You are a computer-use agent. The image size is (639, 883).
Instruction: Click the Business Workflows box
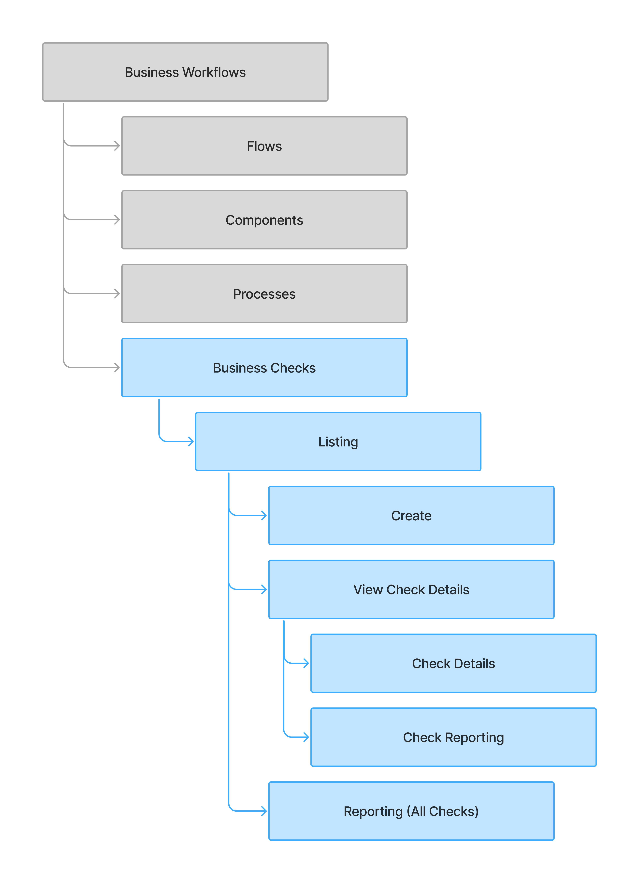pos(185,72)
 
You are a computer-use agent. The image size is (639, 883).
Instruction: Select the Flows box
pos(264,146)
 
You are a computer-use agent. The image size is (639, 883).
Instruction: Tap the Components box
pos(264,220)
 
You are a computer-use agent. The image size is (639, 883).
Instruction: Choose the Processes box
pos(264,294)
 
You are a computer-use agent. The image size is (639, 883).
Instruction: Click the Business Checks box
pos(264,368)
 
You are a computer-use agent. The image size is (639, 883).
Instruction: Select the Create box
pos(411,515)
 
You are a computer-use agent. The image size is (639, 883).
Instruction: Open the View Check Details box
pos(411,589)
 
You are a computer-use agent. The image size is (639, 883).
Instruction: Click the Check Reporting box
pos(453,737)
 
